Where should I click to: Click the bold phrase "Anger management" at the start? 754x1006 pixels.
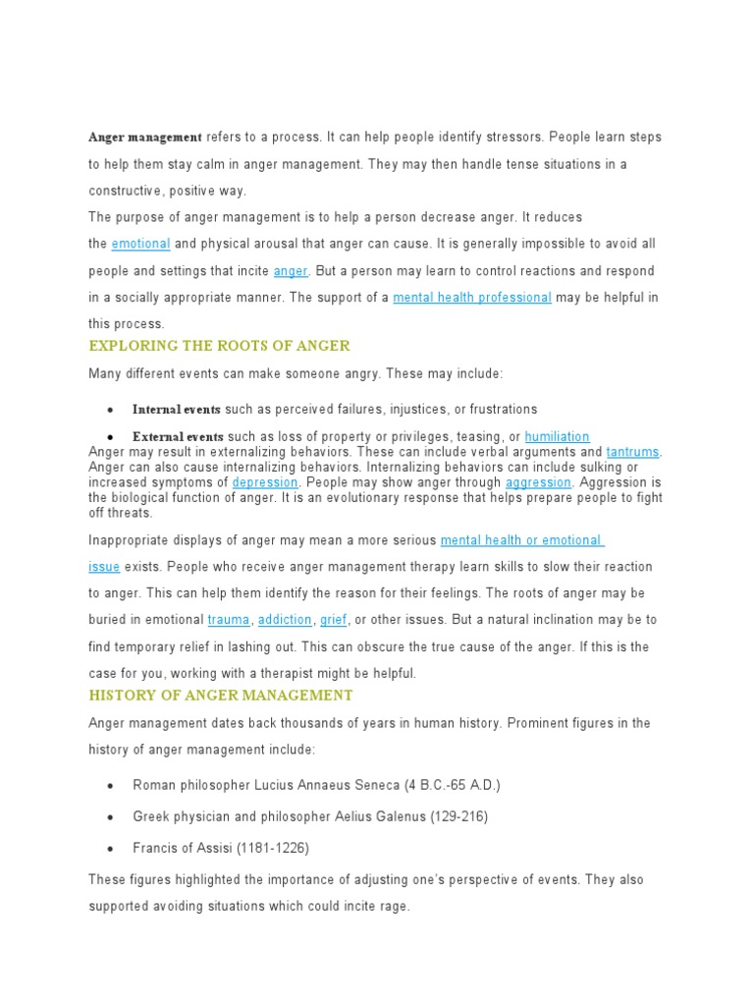[x=145, y=138]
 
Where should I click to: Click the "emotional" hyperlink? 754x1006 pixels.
[x=140, y=244]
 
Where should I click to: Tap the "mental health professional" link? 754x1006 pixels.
[x=472, y=298]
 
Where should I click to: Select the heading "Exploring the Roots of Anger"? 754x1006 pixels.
[x=219, y=346]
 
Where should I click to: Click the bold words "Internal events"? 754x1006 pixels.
[x=177, y=410]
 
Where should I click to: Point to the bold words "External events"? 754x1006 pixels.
[x=178, y=437]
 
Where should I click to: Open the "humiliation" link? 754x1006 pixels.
[x=557, y=437]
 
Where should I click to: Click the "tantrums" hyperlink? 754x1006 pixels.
[x=633, y=452]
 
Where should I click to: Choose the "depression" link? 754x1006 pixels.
[x=265, y=483]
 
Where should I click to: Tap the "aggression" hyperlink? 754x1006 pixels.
[x=538, y=483]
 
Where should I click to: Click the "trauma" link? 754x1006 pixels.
[x=229, y=620]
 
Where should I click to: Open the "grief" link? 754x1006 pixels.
[x=334, y=620]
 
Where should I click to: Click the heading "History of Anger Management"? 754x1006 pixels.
[x=221, y=696]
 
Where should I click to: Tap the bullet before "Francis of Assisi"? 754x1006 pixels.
[x=111, y=849]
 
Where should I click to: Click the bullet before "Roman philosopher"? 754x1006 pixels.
[x=111, y=787]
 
